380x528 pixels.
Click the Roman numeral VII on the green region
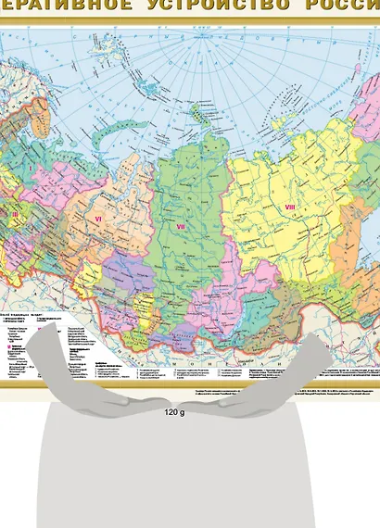[x=181, y=225]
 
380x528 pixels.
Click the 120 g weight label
[x=174, y=411]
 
